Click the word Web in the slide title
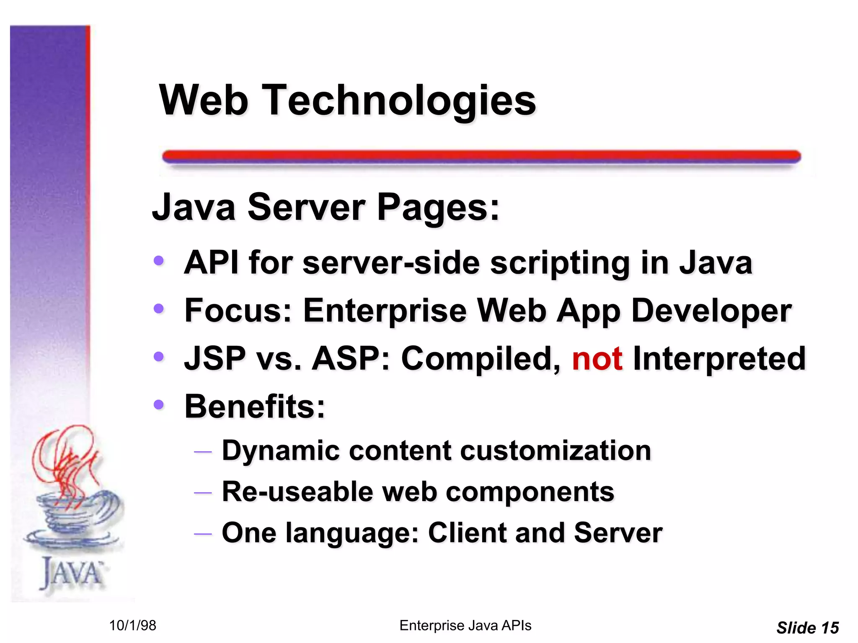(x=204, y=100)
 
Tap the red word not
(x=597, y=359)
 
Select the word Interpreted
(x=719, y=359)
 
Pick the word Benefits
(x=254, y=406)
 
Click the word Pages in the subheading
(x=438, y=207)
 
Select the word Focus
(x=238, y=311)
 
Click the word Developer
(x=711, y=311)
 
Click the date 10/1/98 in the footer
(x=132, y=625)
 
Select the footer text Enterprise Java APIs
(x=465, y=625)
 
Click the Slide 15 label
(x=807, y=628)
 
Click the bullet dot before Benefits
(x=158, y=405)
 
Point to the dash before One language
(x=203, y=533)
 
